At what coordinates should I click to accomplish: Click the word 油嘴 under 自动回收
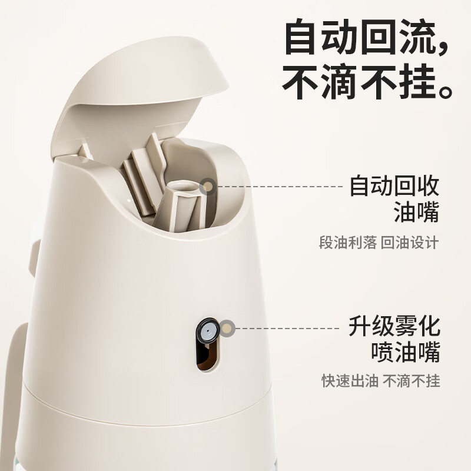pos(416,213)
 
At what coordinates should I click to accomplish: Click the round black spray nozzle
pos(207,331)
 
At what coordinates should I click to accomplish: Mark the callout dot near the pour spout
pos(207,187)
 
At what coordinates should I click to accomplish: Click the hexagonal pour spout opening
pos(183,187)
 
